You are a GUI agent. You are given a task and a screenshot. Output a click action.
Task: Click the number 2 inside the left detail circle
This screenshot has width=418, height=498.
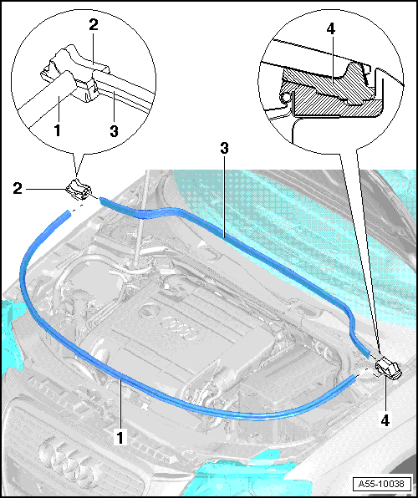94,25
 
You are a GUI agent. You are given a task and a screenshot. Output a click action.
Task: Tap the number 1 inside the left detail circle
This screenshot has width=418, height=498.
57,130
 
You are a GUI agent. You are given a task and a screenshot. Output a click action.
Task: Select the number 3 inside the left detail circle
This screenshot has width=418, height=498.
115,131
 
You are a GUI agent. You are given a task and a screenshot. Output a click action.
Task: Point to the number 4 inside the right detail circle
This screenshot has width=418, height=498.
330,29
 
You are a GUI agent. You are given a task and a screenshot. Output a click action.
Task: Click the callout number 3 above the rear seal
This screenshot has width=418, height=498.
224,148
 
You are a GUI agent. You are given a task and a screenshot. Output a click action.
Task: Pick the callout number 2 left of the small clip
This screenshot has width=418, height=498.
18,189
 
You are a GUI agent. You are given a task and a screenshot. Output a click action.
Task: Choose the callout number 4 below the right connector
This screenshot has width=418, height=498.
385,420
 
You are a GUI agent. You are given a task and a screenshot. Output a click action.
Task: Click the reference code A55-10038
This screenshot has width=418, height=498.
381,484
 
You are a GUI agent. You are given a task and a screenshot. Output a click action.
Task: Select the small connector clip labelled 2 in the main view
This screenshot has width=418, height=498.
79,190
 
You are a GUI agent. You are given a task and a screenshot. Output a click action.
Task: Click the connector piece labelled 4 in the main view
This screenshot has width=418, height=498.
389,368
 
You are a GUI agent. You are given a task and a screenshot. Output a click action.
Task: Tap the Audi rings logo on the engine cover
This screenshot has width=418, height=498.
179,331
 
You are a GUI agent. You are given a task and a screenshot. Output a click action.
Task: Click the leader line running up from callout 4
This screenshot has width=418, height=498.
385,394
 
